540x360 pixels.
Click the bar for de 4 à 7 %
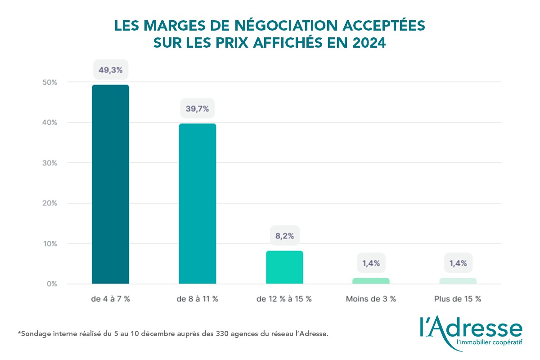110,184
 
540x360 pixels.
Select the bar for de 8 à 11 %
197,204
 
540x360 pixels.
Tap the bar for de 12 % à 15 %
284,267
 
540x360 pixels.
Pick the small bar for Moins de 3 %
371,281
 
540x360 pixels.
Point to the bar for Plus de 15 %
458,281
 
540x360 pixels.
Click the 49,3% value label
110,69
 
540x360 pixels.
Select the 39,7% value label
197,108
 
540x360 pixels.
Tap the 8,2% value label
284,235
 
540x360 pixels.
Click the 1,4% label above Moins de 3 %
371,263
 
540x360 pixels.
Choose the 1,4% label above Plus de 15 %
458,263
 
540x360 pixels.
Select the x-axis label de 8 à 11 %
197,299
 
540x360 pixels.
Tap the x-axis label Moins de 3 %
371,299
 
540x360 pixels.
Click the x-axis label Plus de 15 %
458,299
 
